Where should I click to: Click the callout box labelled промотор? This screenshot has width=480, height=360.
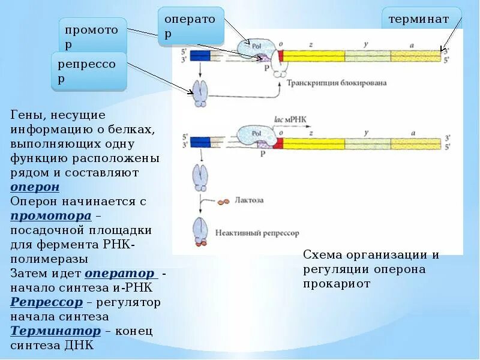coord(93,35)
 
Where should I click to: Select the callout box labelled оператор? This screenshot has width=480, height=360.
coord(191,26)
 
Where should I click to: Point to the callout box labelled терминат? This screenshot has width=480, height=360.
coord(422,20)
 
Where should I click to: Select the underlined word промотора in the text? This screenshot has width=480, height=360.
coord(50,215)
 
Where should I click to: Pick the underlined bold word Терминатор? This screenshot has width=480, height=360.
coord(55,331)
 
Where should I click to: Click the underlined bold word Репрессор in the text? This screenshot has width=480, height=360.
coord(46,302)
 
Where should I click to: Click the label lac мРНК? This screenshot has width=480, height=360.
coord(294,119)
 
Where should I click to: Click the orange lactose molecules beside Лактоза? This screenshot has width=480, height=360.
coord(223,202)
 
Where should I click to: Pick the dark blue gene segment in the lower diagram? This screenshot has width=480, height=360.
coord(200,142)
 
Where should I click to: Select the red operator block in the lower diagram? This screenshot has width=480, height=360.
coord(278,143)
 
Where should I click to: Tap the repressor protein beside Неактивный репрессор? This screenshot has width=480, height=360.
coord(200,231)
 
